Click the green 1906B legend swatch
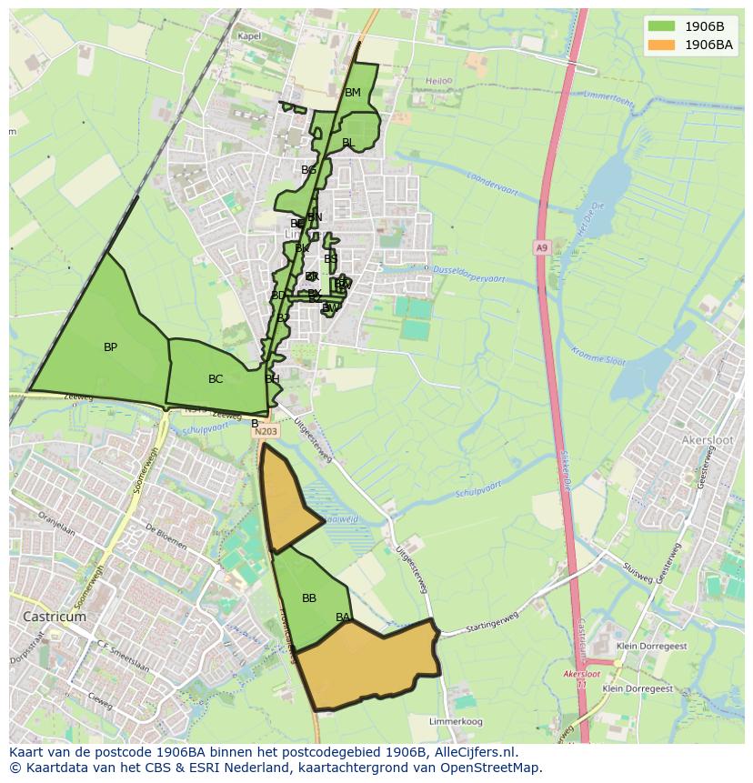coord(662,26)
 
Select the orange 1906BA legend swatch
coord(662,45)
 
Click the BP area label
coord(110,347)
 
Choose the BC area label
coord(216,379)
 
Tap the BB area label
coord(309,598)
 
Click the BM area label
coord(353,93)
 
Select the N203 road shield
coord(266,432)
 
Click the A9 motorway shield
coord(542,247)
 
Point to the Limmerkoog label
coord(457,721)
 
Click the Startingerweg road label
coord(490,627)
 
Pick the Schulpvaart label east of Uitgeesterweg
coord(478,490)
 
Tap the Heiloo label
coord(438,81)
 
